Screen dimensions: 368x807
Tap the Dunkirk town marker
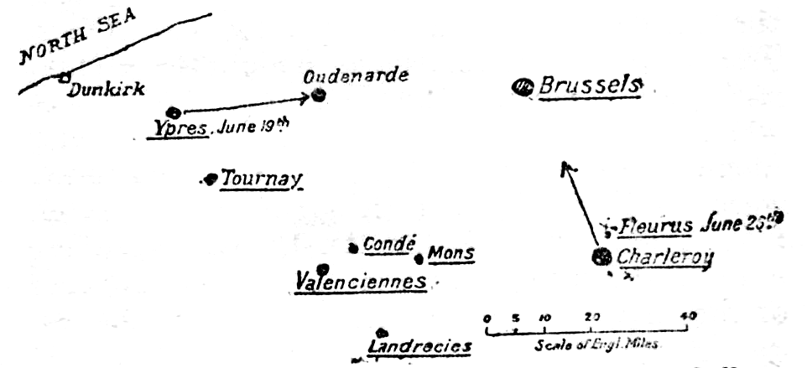[64, 77]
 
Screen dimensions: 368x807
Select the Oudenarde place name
[356, 76]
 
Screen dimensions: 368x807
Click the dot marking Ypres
[174, 112]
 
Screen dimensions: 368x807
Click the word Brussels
[590, 86]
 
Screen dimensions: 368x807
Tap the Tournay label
[261, 179]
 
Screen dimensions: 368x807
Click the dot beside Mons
[419, 258]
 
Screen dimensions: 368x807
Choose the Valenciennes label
[361, 281]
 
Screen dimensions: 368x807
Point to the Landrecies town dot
[381, 334]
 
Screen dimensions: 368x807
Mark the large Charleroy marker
[602, 257]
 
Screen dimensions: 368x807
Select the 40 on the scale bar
[689, 316]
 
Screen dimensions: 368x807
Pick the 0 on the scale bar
[487, 318]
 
